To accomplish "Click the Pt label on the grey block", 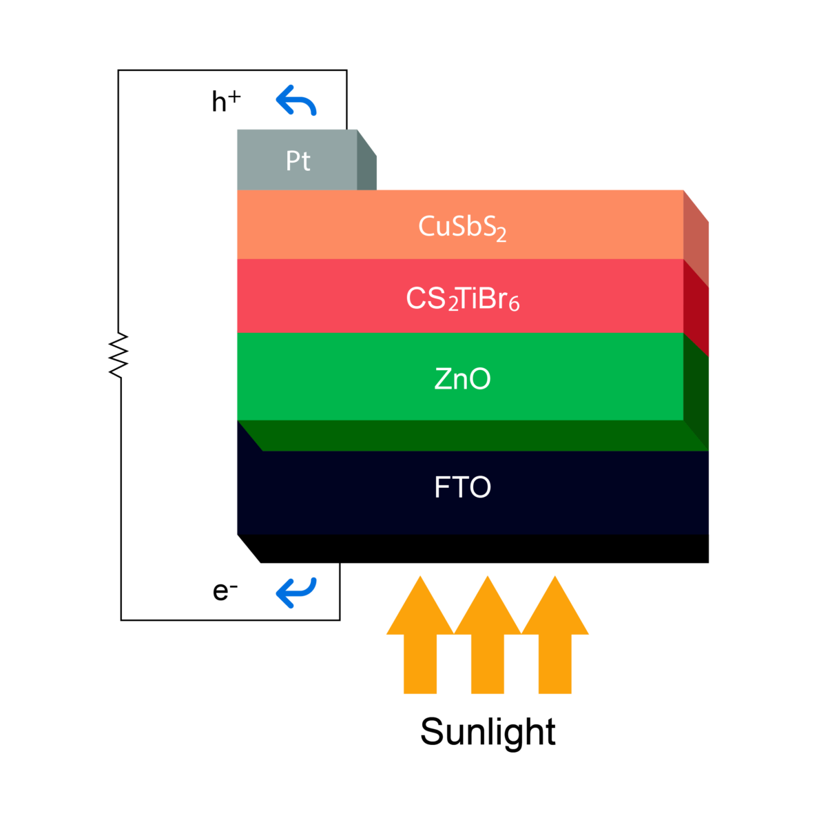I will click(298, 161).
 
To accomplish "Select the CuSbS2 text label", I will click(462, 227).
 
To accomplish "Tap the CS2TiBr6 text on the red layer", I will click(462, 299).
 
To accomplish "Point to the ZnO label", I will click(462, 379).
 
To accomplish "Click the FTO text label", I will click(462, 488).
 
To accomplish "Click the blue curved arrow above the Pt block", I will click(296, 101).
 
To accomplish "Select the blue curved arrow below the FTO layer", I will click(296, 592).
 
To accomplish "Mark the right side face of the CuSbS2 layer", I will click(696, 238).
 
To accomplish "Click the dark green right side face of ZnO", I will click(696, 393).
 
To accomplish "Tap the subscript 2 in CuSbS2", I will click(501, 236).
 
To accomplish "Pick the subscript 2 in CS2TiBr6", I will click(453, 305).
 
